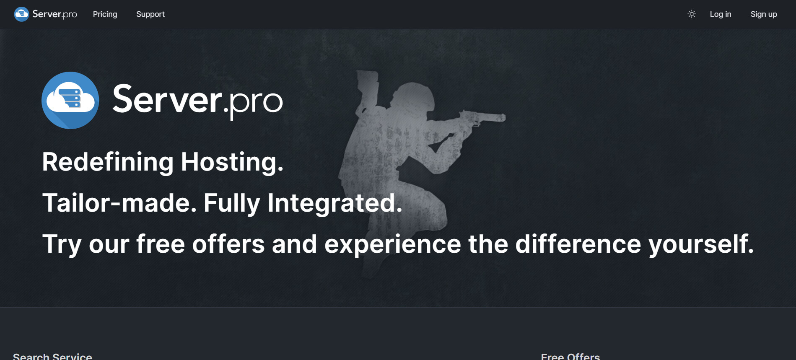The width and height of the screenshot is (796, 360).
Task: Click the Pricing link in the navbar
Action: (105, 14)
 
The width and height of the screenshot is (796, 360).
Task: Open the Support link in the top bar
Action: (150, 14)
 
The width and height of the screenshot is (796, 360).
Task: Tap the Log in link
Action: (720, 14)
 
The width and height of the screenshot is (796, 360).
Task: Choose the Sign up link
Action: (764, 14)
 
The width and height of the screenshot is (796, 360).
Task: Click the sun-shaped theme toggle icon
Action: (692, 14)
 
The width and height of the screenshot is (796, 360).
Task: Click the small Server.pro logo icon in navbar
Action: (21, 14)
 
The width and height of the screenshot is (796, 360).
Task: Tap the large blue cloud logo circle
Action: (70, 100)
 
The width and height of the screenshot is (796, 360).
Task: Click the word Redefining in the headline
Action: (108, 162)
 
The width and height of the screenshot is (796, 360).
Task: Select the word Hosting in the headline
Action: (232, 162)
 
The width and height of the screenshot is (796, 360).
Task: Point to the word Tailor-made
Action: (119, 203)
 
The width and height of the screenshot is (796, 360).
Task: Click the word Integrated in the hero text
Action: (334, 204)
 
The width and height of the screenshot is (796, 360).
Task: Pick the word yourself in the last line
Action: (701, 244)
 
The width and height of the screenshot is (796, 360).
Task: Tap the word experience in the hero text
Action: (392, 245)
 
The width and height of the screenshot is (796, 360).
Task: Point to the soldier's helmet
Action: (413, 96)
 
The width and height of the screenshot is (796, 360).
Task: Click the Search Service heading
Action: (52, 356)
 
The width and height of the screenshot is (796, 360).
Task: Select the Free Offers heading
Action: (570, 356)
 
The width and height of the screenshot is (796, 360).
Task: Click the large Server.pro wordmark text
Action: (197, 100)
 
